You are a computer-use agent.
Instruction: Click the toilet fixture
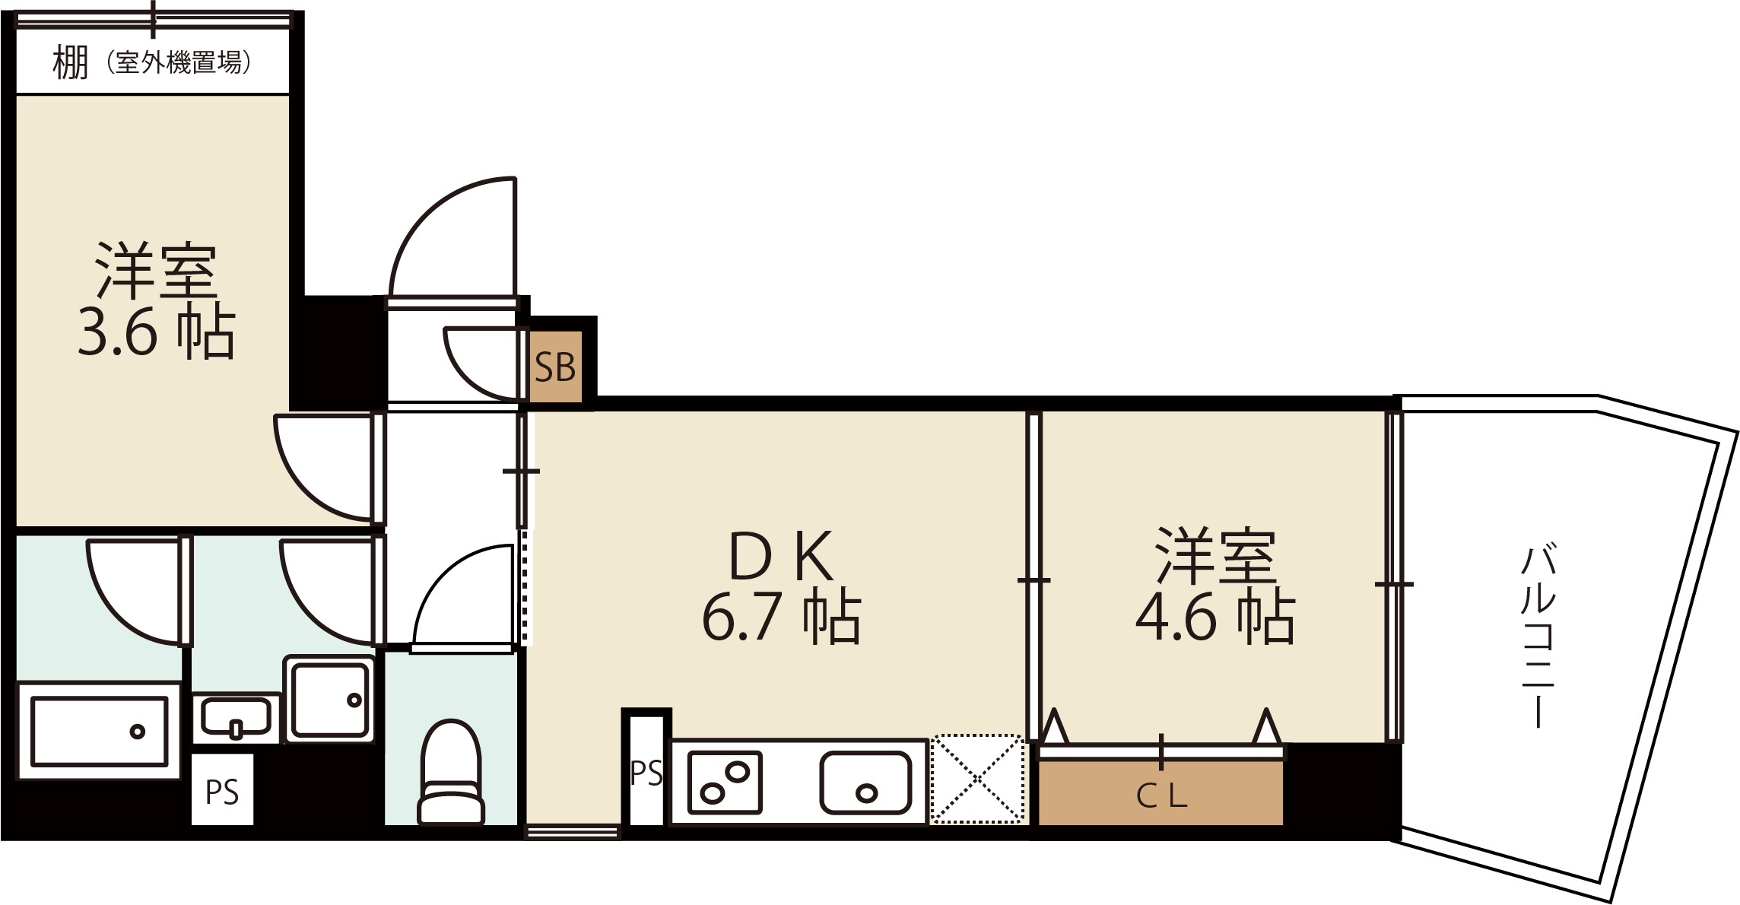point(451,772)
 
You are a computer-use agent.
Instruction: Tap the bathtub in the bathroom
point(99,731)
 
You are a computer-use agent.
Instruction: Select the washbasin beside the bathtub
point(236,718)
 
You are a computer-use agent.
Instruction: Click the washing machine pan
point(330,698)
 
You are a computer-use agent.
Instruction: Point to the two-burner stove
point(724,783)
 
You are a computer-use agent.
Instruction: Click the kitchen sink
point(865,783)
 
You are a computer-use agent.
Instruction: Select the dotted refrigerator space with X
point(977,779)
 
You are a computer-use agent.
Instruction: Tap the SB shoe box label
point(555,368)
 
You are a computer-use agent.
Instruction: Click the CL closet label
point(1161,796)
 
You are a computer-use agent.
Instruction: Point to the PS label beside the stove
point(646,773)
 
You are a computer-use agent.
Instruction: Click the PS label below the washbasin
point(222,792)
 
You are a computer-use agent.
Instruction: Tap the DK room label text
point(781,556)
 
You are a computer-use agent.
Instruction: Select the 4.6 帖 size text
point(1215,616)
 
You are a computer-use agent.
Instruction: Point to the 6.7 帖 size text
point(781,616)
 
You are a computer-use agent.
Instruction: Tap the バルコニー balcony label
point(1538,635)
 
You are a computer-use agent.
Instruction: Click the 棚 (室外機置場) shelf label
point(152,62)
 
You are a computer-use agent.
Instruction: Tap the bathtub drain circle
point(138,732)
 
